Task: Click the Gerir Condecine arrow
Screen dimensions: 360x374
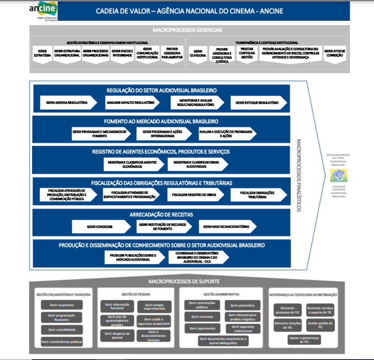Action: (x=100, y=226)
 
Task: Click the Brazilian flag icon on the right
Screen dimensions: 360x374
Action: (x=338, y=175)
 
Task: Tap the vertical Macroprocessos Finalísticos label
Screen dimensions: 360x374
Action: (x=299, y=175)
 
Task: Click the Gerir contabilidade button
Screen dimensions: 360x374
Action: (x=61, y=330)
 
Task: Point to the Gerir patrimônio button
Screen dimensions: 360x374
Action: (x=243, y=305)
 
